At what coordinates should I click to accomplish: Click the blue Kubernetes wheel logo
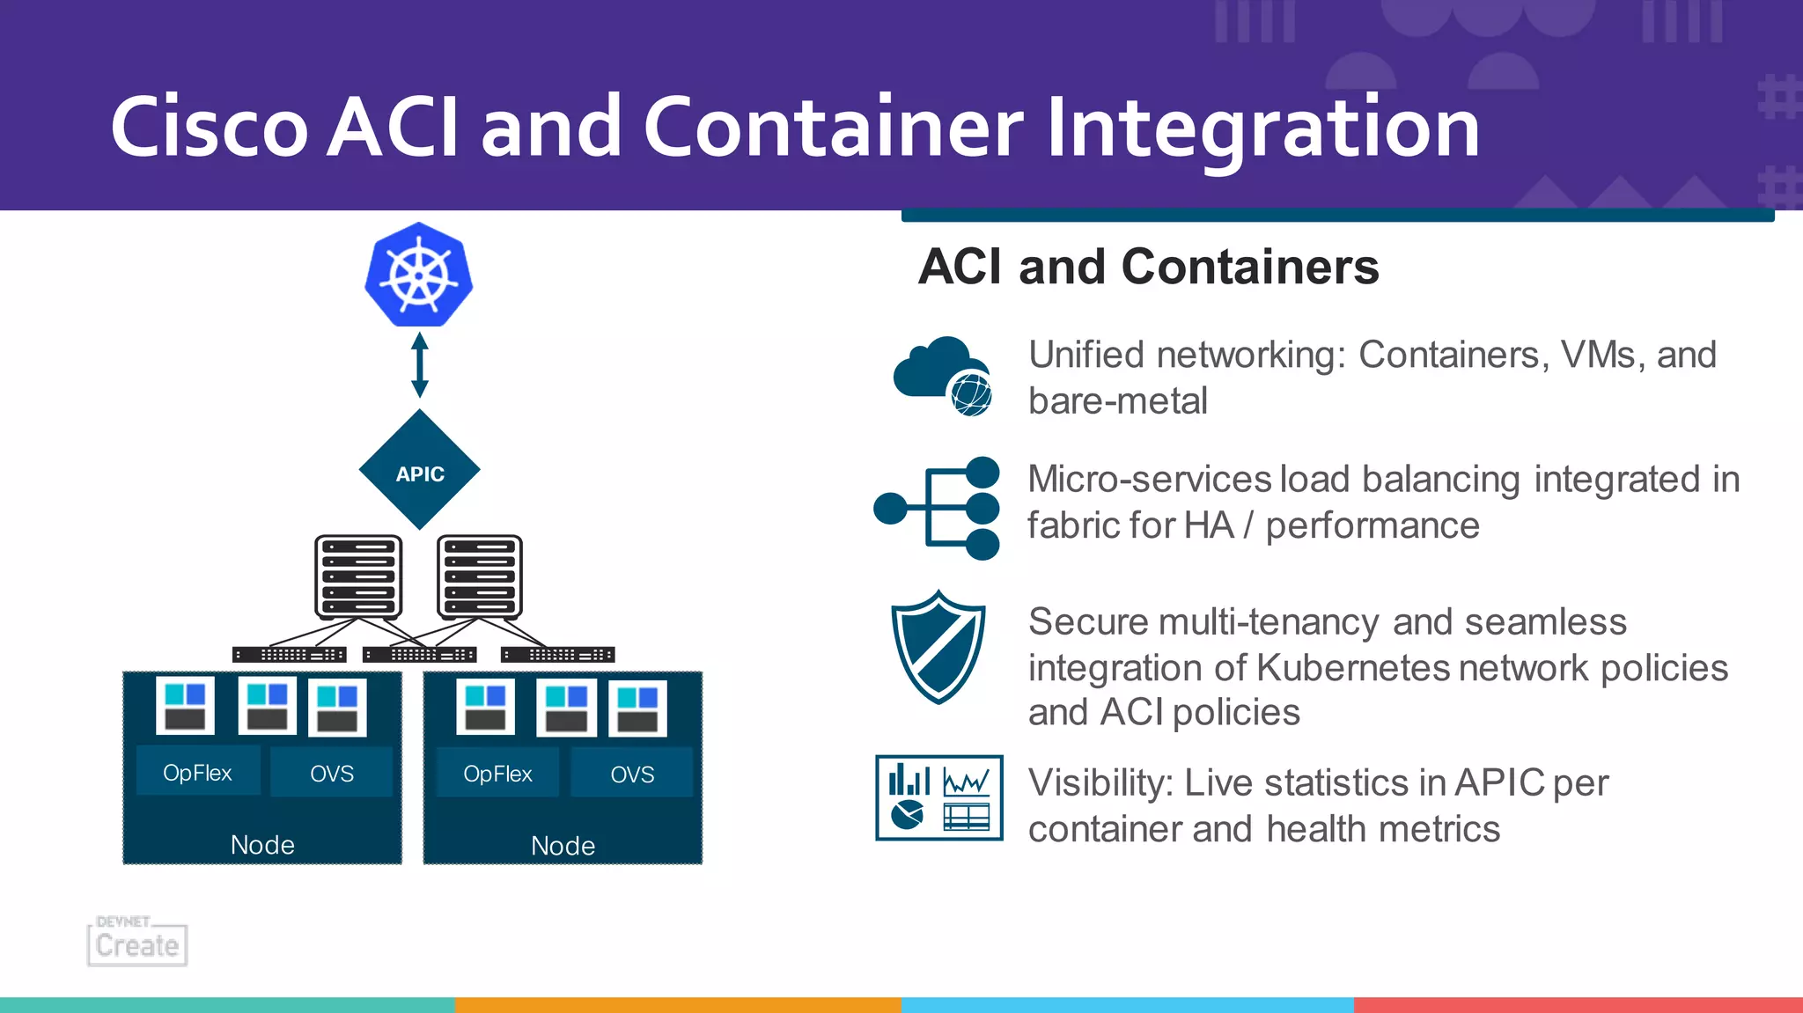tap(419, 275)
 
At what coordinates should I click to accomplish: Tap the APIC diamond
tap(420, 471)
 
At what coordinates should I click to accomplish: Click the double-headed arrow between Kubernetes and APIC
tap(420, 364)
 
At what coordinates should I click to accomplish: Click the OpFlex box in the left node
tap(198, 773)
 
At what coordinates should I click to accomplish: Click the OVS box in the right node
tap(632, 774)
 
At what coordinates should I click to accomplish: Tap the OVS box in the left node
tap(332, 774)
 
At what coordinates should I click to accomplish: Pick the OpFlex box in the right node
tap(498, 774)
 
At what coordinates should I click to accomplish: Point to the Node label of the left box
tap(262, 845)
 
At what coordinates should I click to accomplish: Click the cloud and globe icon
tap(943, 376)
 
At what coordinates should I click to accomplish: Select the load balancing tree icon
tap(938, 508)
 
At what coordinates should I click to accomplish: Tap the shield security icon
tap(938, 647)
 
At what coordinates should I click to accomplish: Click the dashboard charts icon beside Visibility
tap(939, 798)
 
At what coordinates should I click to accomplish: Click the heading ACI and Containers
tap(1148, 267)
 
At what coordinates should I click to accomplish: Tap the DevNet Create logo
tap(137, 942)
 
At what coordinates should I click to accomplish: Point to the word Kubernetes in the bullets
tap(1352, 668)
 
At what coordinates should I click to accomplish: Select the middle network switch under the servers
tap(420, 655)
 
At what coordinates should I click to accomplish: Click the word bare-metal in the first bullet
tap(1117, 401)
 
